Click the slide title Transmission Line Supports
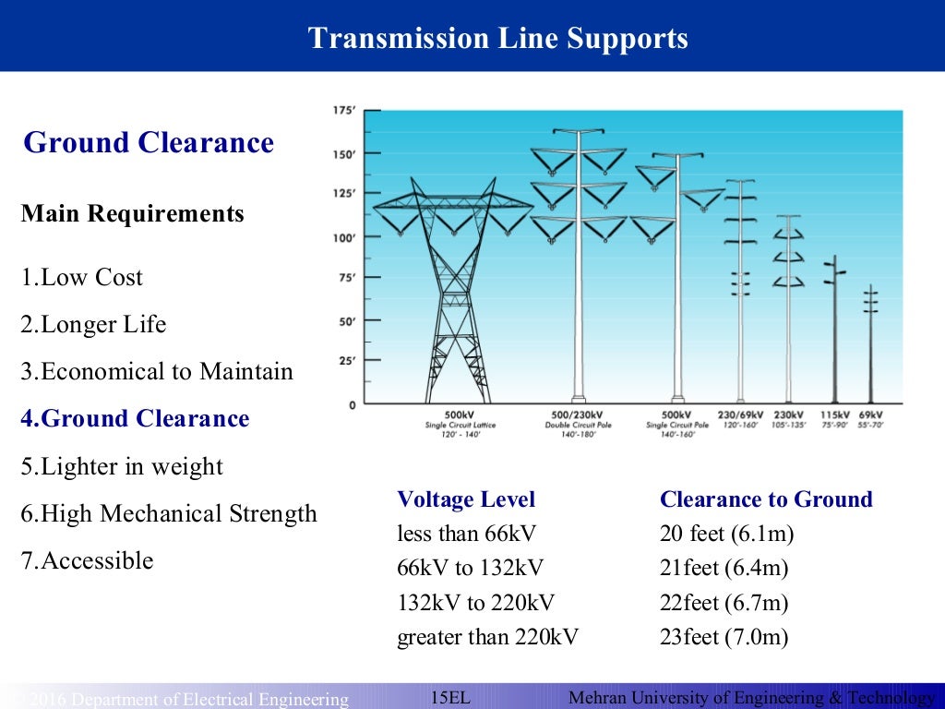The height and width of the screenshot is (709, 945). click(x=497, y=39)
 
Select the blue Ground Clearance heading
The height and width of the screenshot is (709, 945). click(x=149, y=143)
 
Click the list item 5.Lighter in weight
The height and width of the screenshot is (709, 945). click(x=122, y=466)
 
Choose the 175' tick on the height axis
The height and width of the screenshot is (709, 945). click(x=343, y=111)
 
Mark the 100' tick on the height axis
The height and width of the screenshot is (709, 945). click(x=343, y=237)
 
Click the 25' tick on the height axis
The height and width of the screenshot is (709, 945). click(x=346, y=361)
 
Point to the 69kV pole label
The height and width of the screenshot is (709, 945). click(x=870, y=415)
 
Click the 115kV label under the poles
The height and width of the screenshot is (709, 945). click(x=834, y=415)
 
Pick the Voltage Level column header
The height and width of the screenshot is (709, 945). click(x=466, y=500)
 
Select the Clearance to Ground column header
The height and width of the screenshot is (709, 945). click(x=766, y=500)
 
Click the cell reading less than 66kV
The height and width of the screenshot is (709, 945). click(x=466, y=534)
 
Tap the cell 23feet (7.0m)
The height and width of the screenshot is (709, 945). click(x=724, y=637)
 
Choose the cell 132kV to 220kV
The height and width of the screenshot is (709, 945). click(x=476, y=604)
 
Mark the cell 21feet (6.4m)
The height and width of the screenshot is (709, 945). click(x=724, y=569)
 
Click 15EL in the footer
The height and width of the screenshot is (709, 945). click(x=451, y=698)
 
